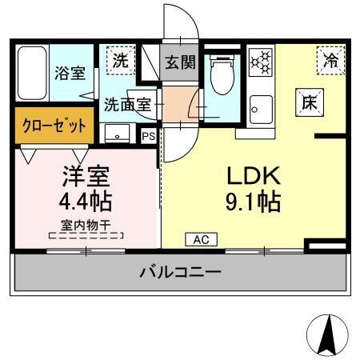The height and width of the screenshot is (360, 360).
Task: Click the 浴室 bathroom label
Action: pos(70,74)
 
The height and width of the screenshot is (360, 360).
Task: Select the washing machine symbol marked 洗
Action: pos(118,60)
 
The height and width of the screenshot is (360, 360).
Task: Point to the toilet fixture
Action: pos(220,77)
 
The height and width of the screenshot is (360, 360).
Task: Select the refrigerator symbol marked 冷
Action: pos(330,58)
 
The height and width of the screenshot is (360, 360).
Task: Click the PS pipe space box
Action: pos(148,135)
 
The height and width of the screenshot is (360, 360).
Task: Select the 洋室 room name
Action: pos(86,174)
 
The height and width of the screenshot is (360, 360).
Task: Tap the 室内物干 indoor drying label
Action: pos(86,225)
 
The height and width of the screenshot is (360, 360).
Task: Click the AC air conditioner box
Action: pos(201,238)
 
